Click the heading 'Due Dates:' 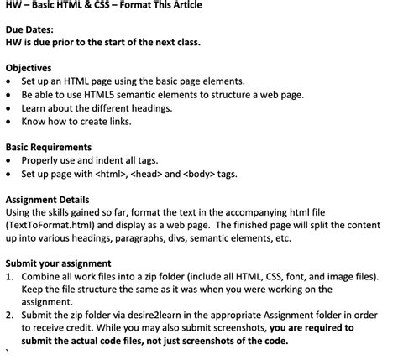pyautogui.click(x=30, y=28)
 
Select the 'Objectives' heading pyautogui.click(x=29, y=67)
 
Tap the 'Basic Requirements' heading pyautogui.click(x=52, y=147)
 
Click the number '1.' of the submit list pyautogui.click(x=10, y=275)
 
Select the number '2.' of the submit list pyautogui.click(x=10, y=315)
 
